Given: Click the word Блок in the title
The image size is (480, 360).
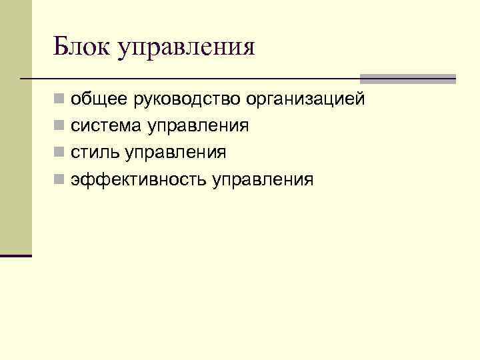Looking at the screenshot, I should [81, 47].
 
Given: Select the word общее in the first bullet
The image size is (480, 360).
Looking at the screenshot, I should [101, 100].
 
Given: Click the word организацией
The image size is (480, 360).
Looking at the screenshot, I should [305, 100].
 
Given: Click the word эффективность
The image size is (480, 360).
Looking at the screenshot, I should [139, 179].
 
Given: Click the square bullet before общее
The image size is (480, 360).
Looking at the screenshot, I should [60, 101].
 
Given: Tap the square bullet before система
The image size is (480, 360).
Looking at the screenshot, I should [60, 127].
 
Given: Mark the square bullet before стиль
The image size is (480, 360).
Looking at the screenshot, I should [60, 153].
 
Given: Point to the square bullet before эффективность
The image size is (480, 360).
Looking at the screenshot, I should [60, 180].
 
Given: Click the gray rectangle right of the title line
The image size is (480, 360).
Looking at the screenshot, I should [407, 79].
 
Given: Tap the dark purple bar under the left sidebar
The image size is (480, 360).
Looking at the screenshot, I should [16, 255].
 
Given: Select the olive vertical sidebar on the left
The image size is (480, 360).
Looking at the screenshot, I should [15, 127].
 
